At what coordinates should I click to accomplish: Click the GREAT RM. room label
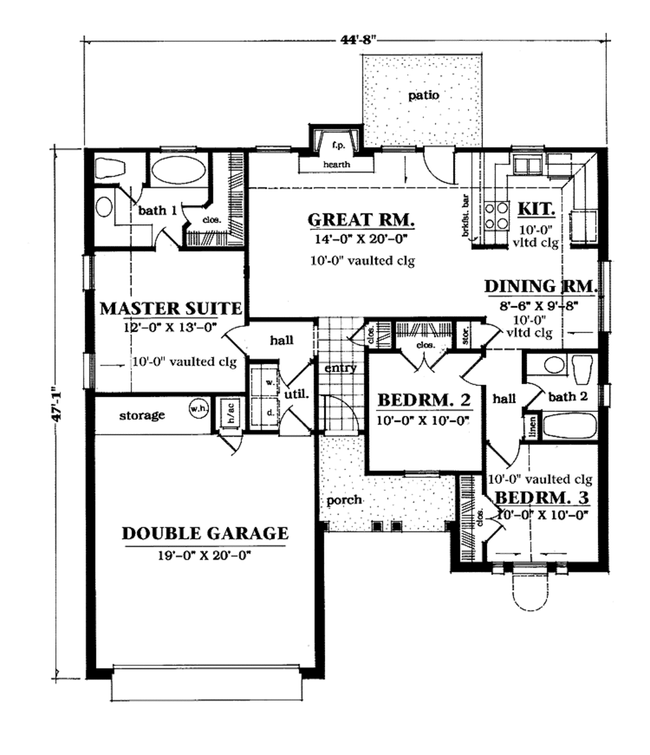click(x=361, y=220)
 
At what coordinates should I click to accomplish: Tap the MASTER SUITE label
click(x=171, y=309)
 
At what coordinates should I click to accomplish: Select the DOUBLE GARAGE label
click(x=204, y=533)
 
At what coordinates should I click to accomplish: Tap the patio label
click(x=423, y=96)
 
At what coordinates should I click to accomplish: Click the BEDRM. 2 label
click(x=423, y=401)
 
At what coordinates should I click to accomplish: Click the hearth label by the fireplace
click(x=336, y=164)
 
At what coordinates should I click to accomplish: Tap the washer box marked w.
click(x=270, y=383)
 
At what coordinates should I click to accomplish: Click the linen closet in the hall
click(x=531, y=427)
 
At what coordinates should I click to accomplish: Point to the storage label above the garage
click(x=142, y=415)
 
